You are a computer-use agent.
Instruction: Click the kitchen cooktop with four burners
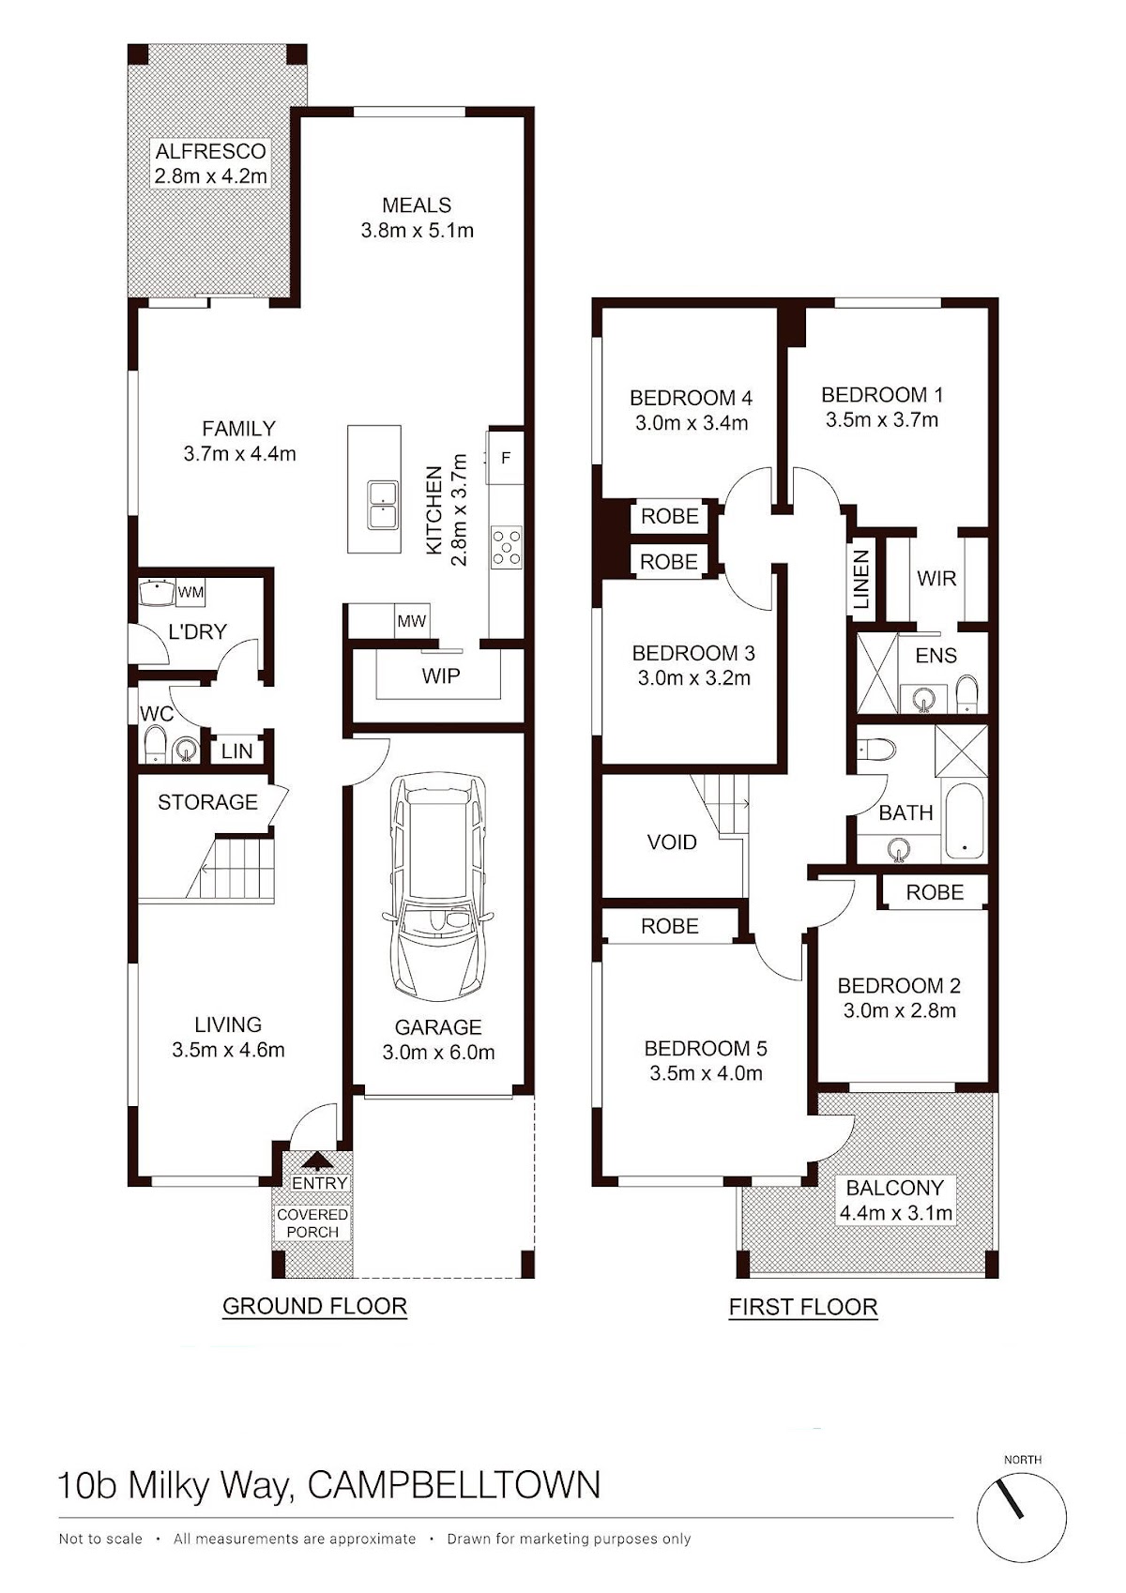[x=507, y=547]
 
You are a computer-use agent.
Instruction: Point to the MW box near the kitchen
[x=412, y=621]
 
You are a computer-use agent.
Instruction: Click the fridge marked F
[x=507, y=457]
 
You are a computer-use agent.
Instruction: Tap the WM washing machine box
[x=190, y=592]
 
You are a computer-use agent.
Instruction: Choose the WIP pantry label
[x=440, y=675]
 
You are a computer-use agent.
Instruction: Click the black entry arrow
[x=317, y=1161]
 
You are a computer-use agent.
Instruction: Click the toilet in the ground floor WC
[x=155, y=745]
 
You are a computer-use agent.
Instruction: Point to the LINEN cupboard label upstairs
[x=861, y=580]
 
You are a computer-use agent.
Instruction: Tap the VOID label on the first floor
[x=672, y=842]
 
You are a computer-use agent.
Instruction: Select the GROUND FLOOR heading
[x=314, y=1306]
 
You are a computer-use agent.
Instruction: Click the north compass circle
[x=1022, y=1514]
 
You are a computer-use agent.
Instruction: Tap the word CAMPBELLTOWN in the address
[x=454, y=1485]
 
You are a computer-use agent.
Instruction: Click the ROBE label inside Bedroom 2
[x=935, y=892]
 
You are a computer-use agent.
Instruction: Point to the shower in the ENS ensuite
[x=877, y=673]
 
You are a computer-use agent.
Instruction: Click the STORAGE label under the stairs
[x=207, y=802]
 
